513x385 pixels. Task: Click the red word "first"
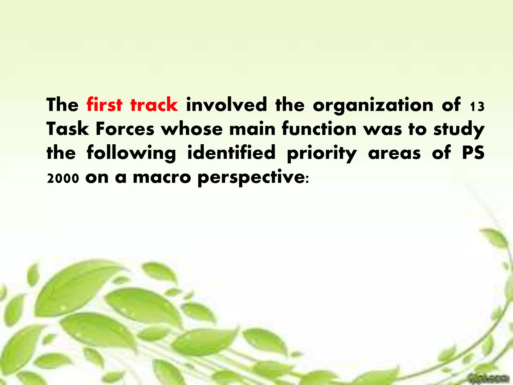pyautogui.click(x=104, y=105)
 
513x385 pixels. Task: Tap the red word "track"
pyautogui.click(x=154, y=105)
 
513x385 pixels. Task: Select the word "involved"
pyautogui.click(x=226, y=105)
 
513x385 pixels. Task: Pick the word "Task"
pyautogui.click(x=68, y=129)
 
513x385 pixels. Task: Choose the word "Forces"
pyautogui.click(x=125, y=129)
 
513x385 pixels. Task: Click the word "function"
pyautogui.click(x=319, y=129)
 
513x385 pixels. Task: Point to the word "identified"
pyautogui.click(x=231, y=153)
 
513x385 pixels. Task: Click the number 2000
pyautogui.click(x=63, y=179)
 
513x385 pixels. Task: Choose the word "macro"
pyautogui.click(x=162, y=177)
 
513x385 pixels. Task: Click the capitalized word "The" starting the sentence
pyautogui.click(x=62, y=105)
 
